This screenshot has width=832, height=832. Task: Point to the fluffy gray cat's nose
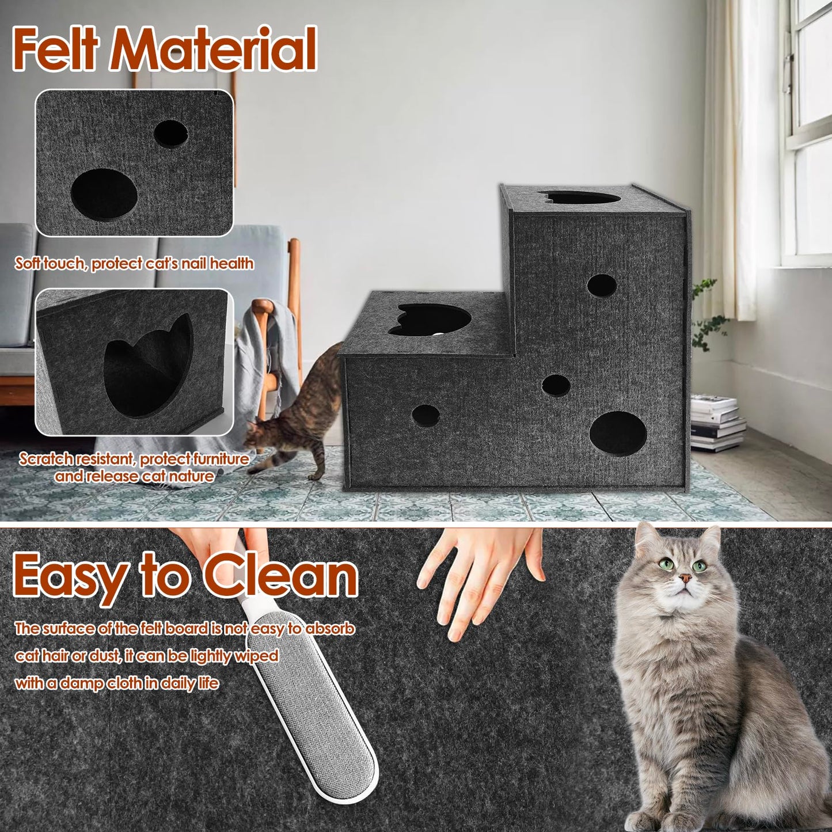click(x=685, y=578)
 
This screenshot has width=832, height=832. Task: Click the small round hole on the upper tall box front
click(x=602, y=286)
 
